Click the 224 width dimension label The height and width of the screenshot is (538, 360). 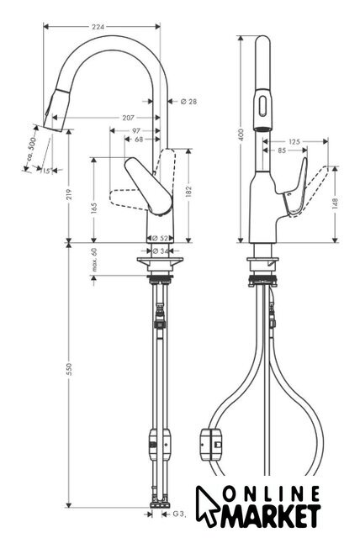tap(98, 26)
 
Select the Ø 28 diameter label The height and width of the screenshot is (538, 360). tap(188, 101)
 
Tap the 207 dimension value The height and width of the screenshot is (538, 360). tap(128, 118)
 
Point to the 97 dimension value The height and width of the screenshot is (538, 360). tap(136, 130)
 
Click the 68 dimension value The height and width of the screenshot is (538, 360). tap(139, 140)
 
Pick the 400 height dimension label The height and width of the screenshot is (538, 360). tap(241, 134)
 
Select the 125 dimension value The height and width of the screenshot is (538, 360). tap(294, 141)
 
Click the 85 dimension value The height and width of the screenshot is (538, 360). tap(282, 150)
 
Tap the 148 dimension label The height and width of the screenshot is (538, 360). tap(336, 203)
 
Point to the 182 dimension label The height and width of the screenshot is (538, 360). tap(188, 193)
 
